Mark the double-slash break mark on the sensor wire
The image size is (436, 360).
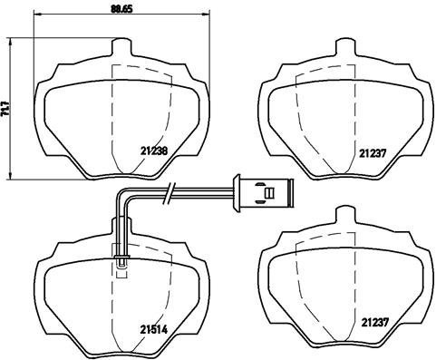170,191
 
